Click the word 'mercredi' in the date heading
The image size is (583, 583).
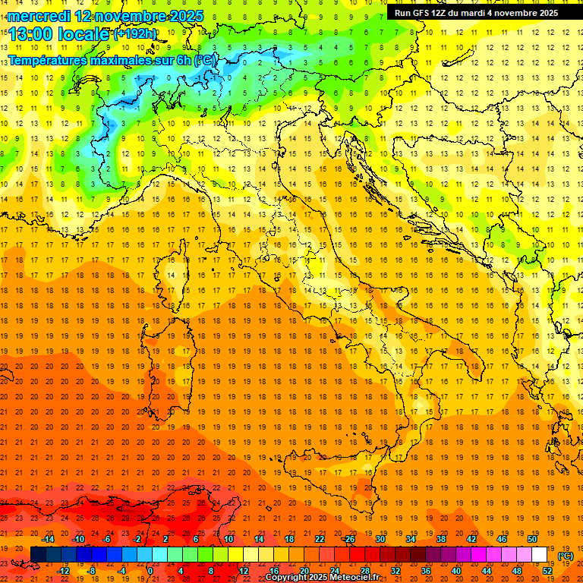pos(38,16)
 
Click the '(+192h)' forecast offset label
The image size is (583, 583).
pos(135,33)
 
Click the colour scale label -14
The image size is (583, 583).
pos(49,539)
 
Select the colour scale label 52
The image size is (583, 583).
pos(547,571)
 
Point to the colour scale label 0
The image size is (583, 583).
pos(150,571)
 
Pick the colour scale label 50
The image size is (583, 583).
pos(532,539)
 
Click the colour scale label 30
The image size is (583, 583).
pos(380,539)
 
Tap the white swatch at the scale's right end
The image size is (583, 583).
pos(540,554)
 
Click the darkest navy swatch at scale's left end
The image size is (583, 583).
pos(38,554)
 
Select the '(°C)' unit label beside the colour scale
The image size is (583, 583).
pos(566,556)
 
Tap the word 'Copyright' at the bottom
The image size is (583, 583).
pos(287,578)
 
